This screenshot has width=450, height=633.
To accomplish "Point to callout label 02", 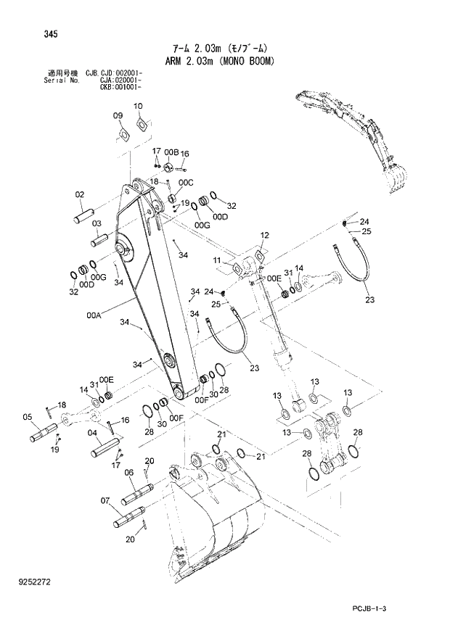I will [x=80, y=194].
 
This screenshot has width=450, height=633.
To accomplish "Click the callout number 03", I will [x=96, y=224].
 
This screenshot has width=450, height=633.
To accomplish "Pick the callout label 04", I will [x=92, y=434].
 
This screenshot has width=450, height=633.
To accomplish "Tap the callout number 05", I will [x=28, y=417].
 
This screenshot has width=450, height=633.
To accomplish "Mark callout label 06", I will [x=128, y=472].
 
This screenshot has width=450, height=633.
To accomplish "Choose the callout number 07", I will [x=105, y=500].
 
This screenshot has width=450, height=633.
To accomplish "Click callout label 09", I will [x=118, y=115].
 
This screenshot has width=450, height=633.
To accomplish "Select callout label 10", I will [x=138, y=107].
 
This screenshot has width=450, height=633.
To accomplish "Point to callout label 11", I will [x=217, y=260].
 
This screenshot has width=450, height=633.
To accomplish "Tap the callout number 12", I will [x=264, y=236].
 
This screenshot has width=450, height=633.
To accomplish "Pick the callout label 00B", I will [x=171, y=152].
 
